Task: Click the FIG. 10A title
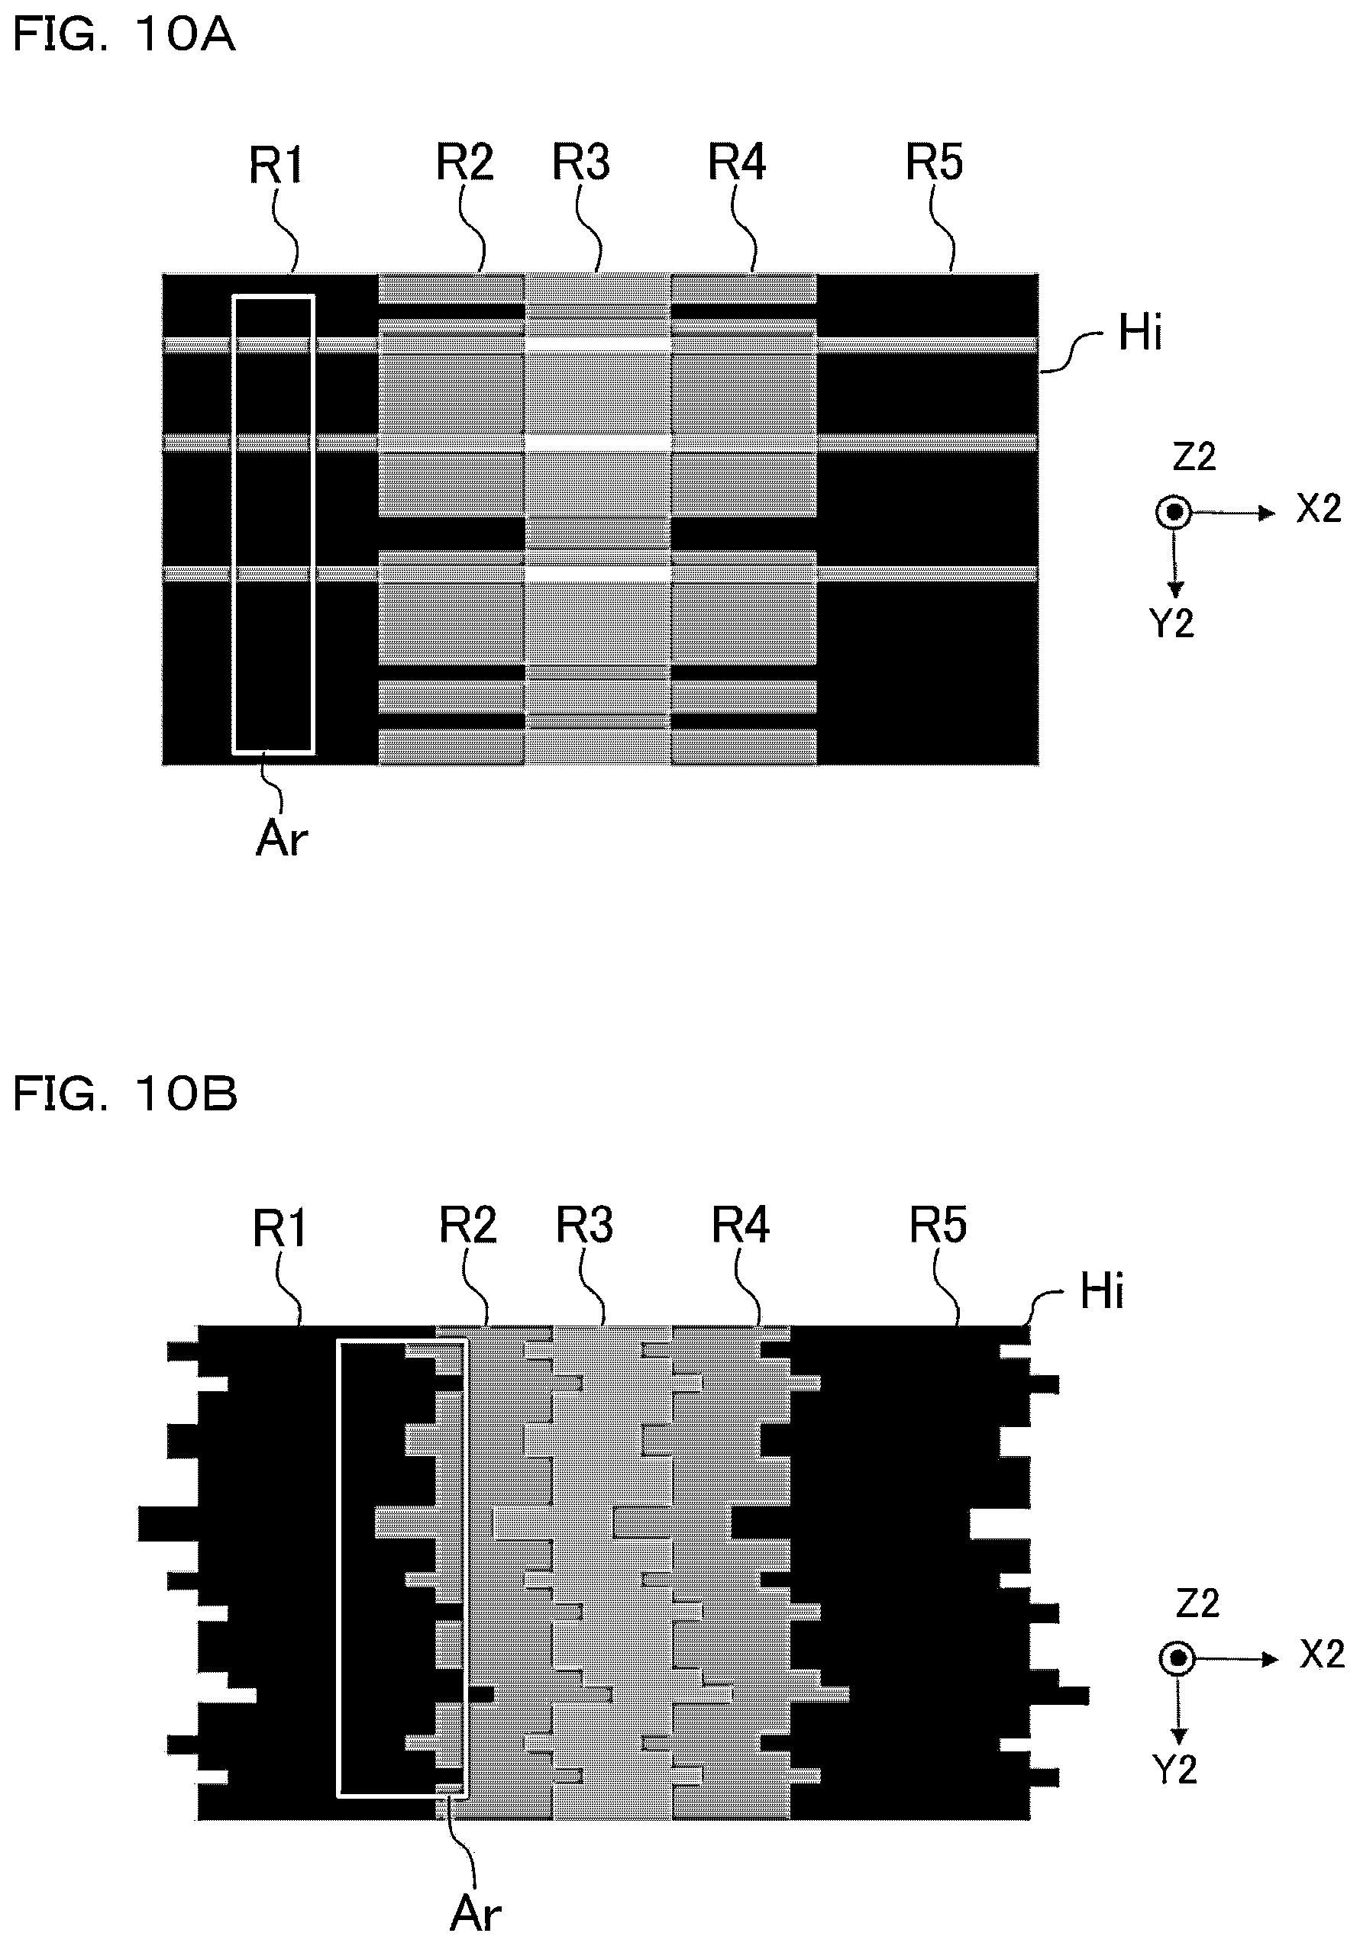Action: pos(124,37)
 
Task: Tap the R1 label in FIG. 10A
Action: pos(276,166)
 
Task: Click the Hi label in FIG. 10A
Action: pos(1139,332)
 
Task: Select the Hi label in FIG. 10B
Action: pos(1101,1292)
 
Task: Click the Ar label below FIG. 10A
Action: pos(282,839)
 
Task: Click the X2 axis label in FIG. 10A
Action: pos(1319,508)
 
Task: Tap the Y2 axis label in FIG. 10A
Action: pos(1172,623)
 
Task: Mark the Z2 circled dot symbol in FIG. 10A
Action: pos(1174,513)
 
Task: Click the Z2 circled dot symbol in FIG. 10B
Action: pos(1177,1658)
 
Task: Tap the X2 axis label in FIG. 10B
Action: pos(1322,1654)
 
